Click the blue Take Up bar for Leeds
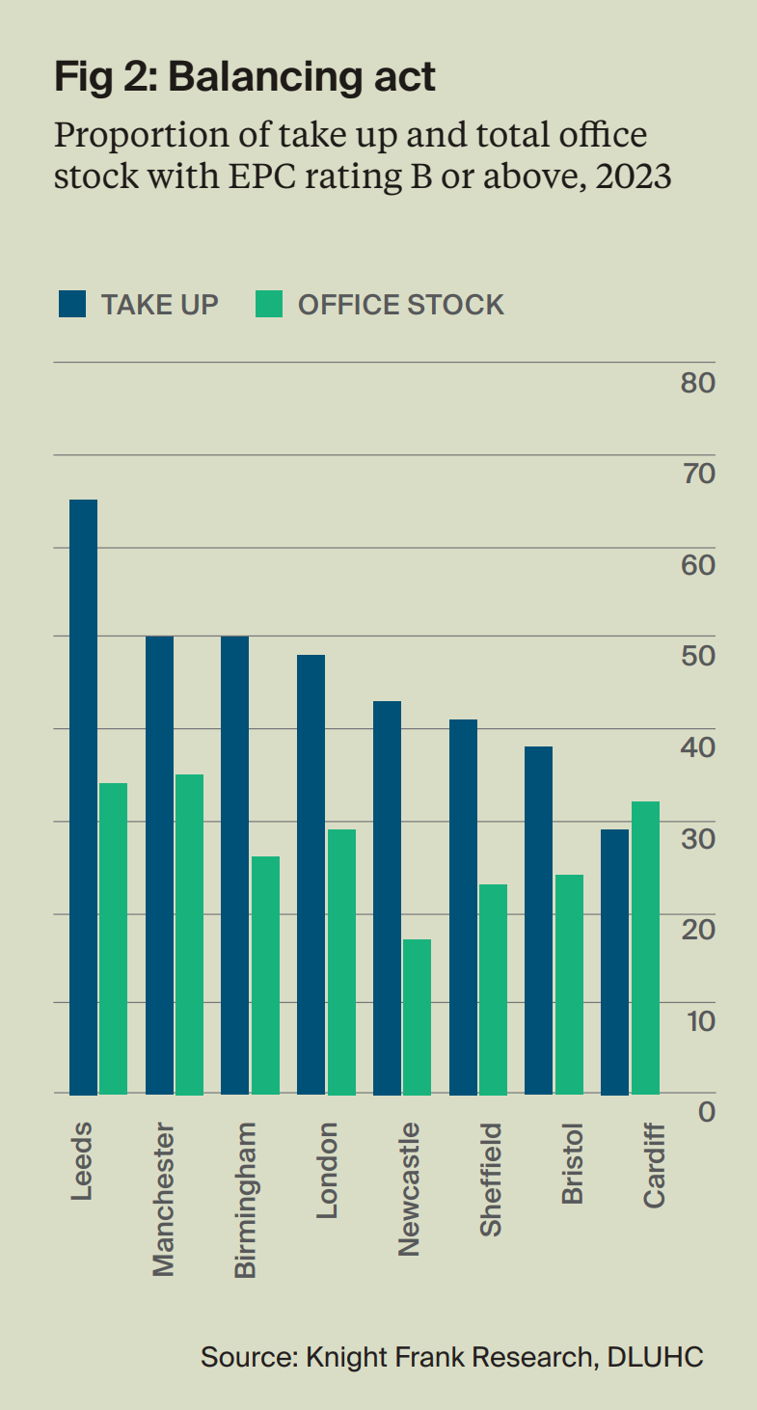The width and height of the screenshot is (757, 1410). [83, 797]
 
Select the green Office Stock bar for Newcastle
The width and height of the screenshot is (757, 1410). [417, 1017]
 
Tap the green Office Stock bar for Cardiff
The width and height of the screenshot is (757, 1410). [645, 947]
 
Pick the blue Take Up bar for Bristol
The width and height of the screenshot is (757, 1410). [538, 920]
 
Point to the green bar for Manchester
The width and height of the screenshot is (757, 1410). [189, 934]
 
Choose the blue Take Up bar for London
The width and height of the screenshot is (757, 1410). [311, 874]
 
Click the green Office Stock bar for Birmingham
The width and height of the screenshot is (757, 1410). [265, 975]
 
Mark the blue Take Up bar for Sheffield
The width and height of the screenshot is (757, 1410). [463, 907]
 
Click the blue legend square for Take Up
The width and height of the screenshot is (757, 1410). [72, 304]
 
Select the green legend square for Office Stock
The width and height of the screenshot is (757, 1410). [269, 304]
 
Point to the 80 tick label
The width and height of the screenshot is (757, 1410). [697, 383]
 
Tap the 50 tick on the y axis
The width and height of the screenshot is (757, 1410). [697, 656]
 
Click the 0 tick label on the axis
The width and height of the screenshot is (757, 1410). [707, 1111]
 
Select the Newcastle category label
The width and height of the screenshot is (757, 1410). [410, 1189]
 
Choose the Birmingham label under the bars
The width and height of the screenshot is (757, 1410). [247, 1200]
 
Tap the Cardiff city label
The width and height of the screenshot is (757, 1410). [655, 1164]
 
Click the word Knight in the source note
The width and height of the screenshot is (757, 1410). [345, 1357]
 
